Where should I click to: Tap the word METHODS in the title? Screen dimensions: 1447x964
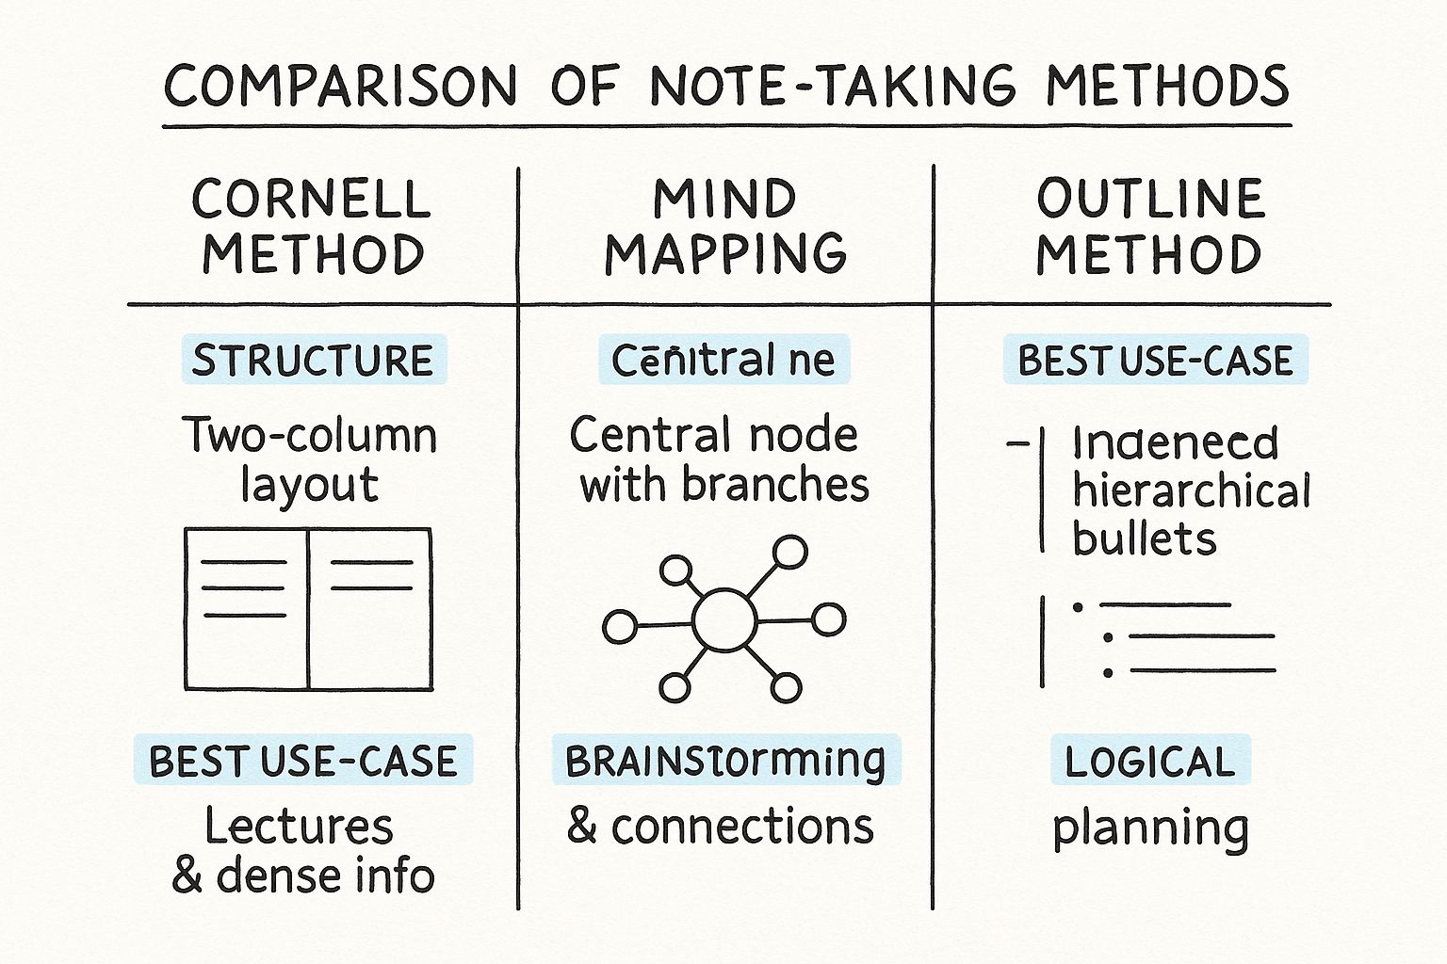click(x=1167, y=87)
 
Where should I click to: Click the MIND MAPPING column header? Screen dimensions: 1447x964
click(x=725, y=227)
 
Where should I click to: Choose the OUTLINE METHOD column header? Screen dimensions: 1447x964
click(x=1149, y=227)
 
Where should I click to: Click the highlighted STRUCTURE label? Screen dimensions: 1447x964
click(x=313, y=361)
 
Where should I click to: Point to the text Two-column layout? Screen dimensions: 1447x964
click(x=310, y=459)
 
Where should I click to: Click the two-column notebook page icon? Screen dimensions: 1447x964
click(x=308, y=609)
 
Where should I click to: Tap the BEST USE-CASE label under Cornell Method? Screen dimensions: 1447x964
click(x=303, y=761)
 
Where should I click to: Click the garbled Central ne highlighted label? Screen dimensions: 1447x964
click(x=723, y=361)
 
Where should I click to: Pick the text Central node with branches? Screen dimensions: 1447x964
click(x=722, y=459)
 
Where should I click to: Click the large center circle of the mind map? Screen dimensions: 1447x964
click(x=723, y=619)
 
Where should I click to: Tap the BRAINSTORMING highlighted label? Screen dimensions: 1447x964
click(x=725, y=761)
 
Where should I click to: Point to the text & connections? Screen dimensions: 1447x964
click(x=721, y=827)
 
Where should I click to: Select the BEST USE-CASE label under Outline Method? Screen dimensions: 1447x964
click(x=1155, y=361)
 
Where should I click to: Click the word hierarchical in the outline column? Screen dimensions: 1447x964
click(x=1192, y=491)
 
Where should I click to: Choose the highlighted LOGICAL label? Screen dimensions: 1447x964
click(x=1149, y=761)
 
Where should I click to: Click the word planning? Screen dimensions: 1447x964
click(x=1150, y=828)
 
